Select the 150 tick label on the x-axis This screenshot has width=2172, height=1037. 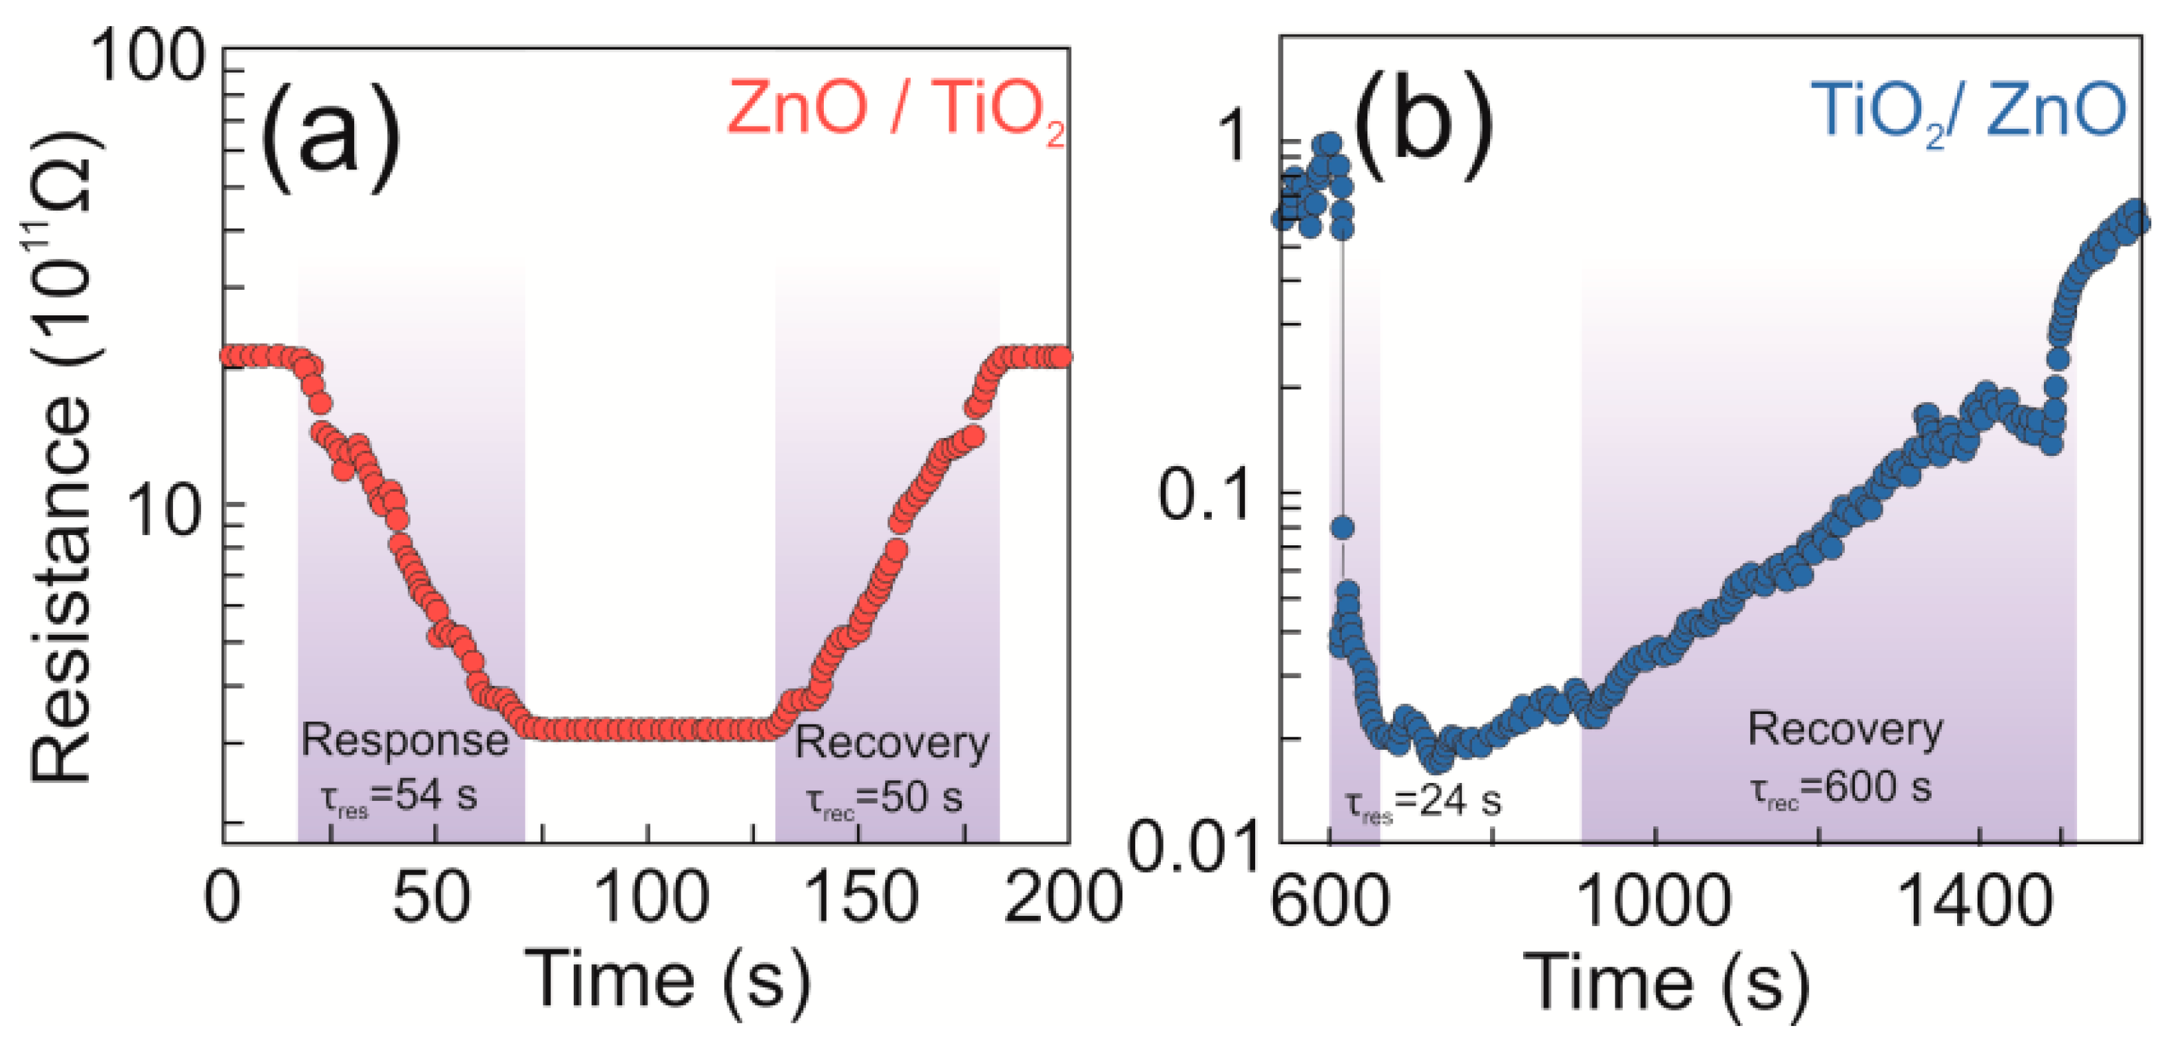(x=861, y=898)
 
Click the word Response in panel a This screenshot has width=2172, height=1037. (x=405, y=741)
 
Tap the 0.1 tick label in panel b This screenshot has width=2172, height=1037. (x=1203, y=495)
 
